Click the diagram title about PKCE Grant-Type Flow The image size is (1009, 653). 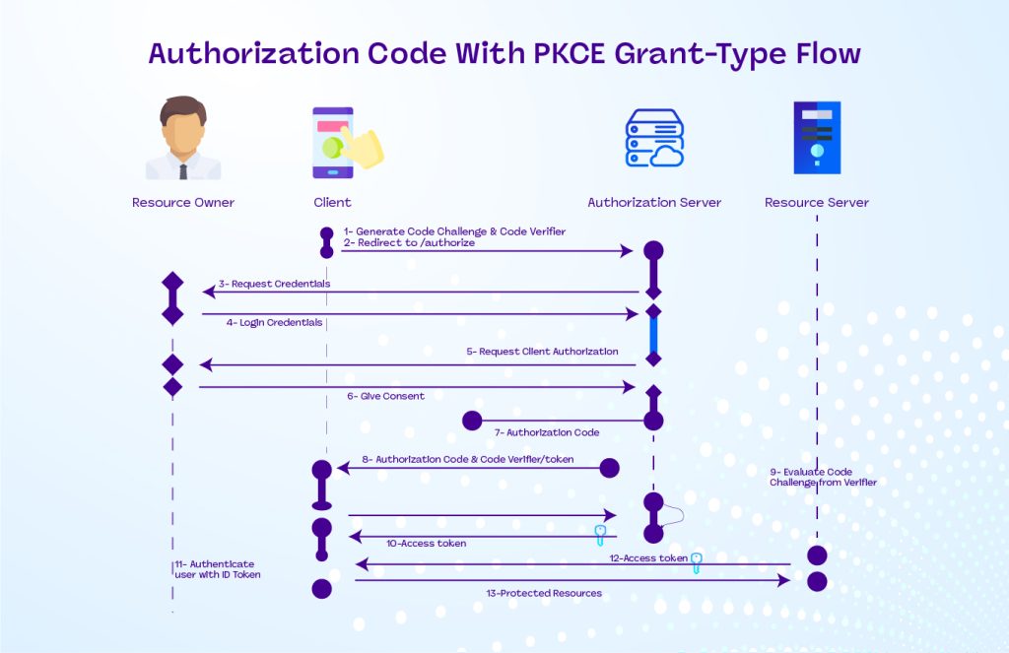click(504, 53)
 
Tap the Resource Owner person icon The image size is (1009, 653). click(183, 139)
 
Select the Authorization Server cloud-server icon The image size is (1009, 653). click(654, 139)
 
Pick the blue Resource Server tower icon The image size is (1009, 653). click(817, 138)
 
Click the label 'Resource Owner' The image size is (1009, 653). click(183, 203)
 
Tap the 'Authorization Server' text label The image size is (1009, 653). click(654, 203)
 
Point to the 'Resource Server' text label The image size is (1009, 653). click(817, 203)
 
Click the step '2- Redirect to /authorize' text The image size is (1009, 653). click(409, 242)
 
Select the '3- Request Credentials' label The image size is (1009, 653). click(274, 284)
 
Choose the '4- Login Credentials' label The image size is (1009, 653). click(274, 323)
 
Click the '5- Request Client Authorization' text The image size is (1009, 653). click(542, 352)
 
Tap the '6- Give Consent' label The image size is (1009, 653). click(385, 396)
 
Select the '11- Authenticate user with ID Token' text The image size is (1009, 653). click(218, 568)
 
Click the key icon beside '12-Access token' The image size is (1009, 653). click(697, 562)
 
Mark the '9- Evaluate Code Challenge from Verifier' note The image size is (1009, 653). click(823, 477)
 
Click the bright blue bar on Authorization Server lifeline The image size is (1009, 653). click(652, 335)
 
